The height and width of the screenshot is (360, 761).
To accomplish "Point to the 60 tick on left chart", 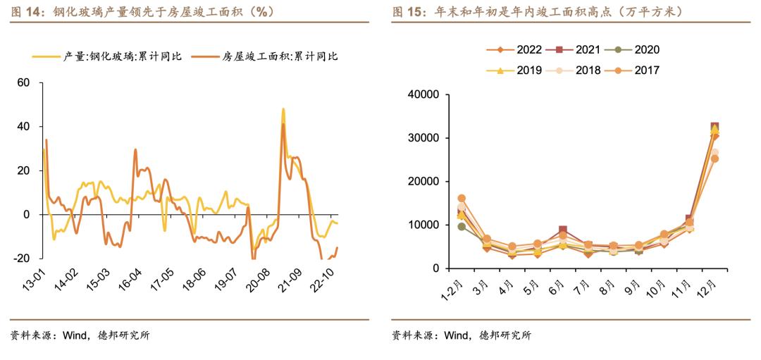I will pyautogui.click(x=23, y=83).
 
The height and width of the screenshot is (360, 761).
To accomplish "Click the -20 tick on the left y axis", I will pyautogui.click(x=21, y=259).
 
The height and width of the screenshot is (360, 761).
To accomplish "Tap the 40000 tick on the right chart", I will pyautogui.click(x=424, y=94).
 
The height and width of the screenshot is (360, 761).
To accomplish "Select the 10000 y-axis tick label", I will pyautogui.click(x=424, y=225).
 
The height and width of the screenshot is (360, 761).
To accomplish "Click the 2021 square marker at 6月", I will pyautogui.click(x=563, y=231).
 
